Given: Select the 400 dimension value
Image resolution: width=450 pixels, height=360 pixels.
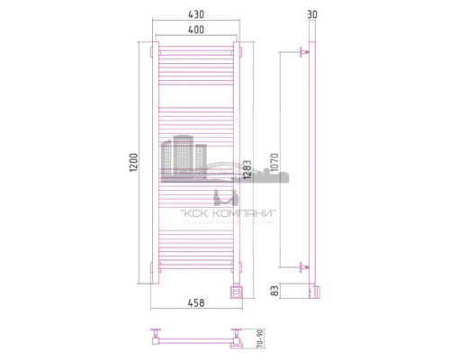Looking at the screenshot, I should point(196,31).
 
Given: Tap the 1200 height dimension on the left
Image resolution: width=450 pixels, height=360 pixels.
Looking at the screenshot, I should point(134,163).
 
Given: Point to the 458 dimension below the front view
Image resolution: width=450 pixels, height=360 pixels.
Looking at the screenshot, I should point(196,303).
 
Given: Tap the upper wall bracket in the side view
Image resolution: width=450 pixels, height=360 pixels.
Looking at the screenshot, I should point(302,55).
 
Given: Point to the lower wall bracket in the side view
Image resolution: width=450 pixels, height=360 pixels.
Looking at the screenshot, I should point(302,266).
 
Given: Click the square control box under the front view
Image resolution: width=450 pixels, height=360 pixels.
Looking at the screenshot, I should point(237,290).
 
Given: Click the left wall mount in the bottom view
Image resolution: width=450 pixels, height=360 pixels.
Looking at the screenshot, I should point(155,338).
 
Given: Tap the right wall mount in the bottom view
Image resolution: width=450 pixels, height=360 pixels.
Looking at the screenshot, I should point(237,339).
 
